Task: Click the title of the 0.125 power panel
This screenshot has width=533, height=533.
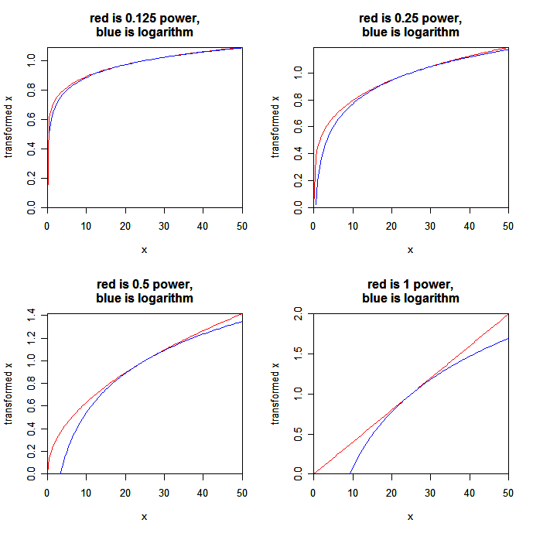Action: click(x=145, y=25)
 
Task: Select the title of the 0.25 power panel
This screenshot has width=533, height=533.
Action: click(x=411, y=25)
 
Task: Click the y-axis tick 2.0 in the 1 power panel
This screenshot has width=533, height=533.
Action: click(x=299, y=314)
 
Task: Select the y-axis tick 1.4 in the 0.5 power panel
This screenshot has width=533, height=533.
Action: click(x=32, y=314)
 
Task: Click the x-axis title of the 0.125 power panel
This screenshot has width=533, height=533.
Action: click(x=145, y=249)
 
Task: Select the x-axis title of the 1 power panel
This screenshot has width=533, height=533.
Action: click(x=411, y=515)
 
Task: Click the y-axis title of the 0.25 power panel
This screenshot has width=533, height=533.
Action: click(x=275, y=128)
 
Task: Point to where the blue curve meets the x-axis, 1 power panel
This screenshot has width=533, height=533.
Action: click(x=350, y=473)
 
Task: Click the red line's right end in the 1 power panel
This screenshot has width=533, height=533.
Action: click(x=508, y=314)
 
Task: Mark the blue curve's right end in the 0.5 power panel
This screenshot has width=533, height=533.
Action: click(x=242, y=321)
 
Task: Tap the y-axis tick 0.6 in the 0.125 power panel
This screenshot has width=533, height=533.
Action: click(x=32, y=120)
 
